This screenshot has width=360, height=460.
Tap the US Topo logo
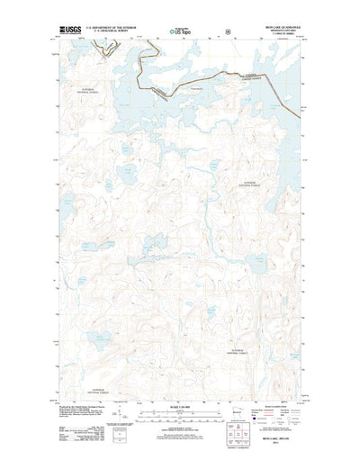click(x=179, y=32)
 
